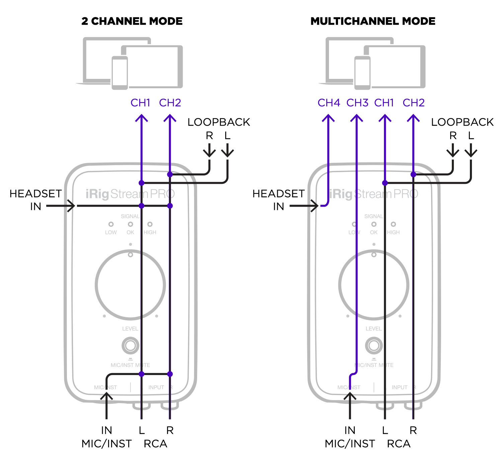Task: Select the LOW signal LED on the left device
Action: (111, 224)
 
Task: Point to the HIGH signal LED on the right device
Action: (393, 224)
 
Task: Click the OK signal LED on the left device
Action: (130, 224)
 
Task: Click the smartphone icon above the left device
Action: (120, 73)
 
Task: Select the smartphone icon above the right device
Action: (362, 73)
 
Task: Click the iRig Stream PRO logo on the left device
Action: (130, 194)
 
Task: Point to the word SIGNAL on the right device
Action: (373, 216)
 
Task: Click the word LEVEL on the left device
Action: (130, 329)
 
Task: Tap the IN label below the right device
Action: (350, 431)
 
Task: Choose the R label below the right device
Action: (413, 431)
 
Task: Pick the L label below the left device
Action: (142, 431)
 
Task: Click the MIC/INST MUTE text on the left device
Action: (130, 365)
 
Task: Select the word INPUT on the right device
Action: (400, 387)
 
